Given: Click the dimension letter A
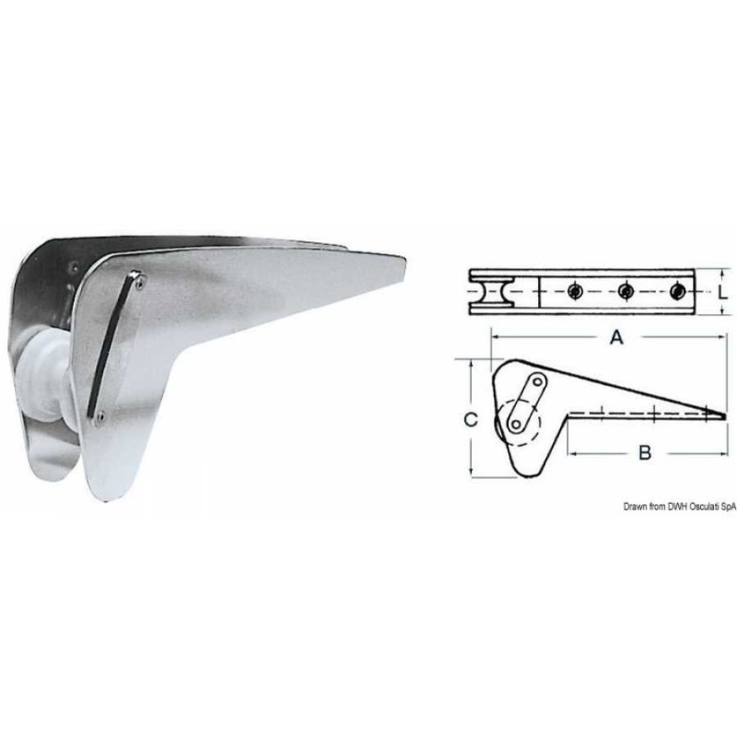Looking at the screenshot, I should [617, 338].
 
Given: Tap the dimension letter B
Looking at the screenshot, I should [645, 451].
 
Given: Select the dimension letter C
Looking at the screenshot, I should [470, 420].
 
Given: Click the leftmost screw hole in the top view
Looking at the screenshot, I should [573, 292].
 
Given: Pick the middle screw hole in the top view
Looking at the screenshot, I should [625, 292].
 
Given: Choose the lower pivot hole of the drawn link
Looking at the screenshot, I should [516, 424].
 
